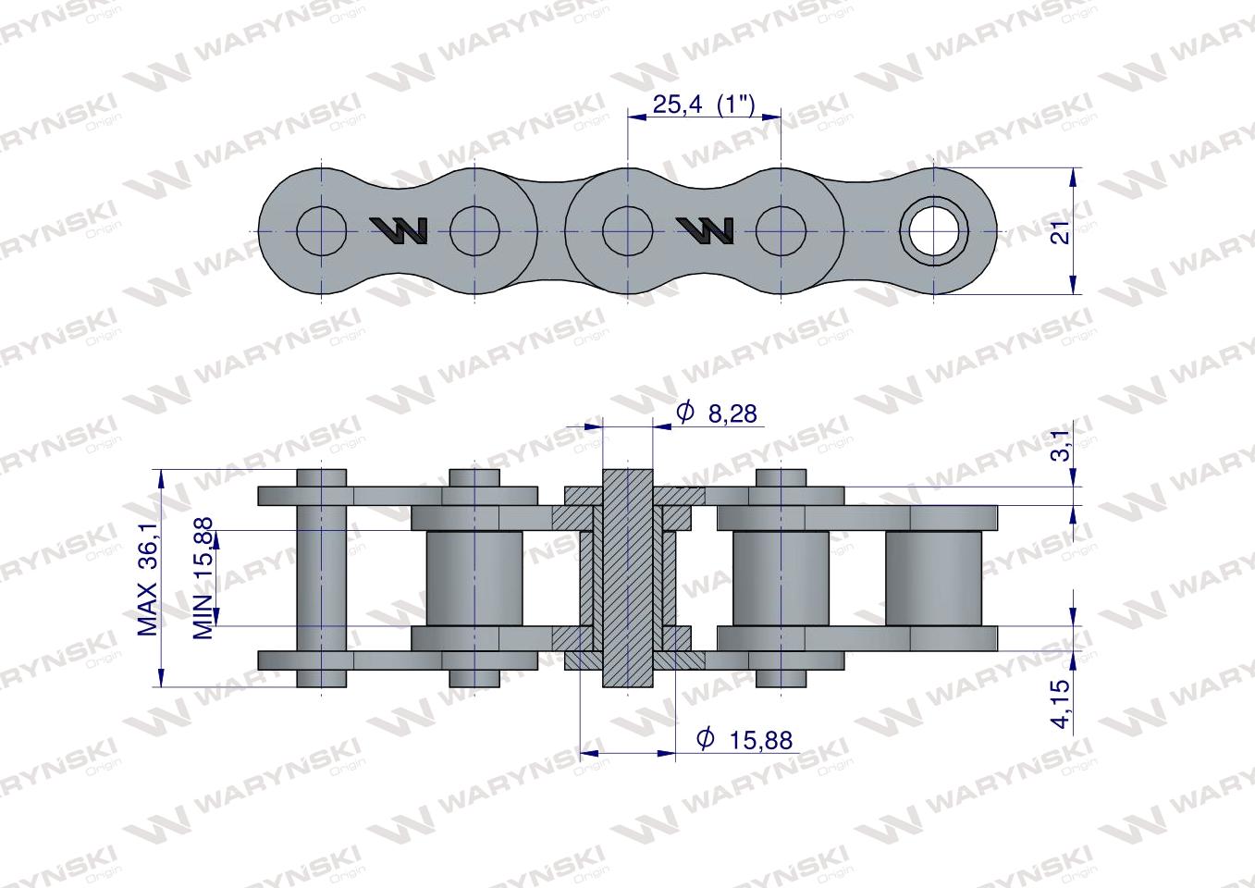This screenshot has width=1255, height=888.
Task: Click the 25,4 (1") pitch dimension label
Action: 704,105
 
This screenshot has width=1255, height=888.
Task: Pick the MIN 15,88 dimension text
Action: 204,578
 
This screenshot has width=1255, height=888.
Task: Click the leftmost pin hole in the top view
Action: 322,229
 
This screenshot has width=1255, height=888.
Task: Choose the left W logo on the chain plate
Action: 399,230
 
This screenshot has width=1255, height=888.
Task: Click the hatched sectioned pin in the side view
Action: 627,578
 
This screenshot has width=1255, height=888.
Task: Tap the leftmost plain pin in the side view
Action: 321,578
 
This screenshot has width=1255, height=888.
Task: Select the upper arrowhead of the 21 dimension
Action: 1074,177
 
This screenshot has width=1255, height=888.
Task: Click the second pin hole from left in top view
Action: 475,229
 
